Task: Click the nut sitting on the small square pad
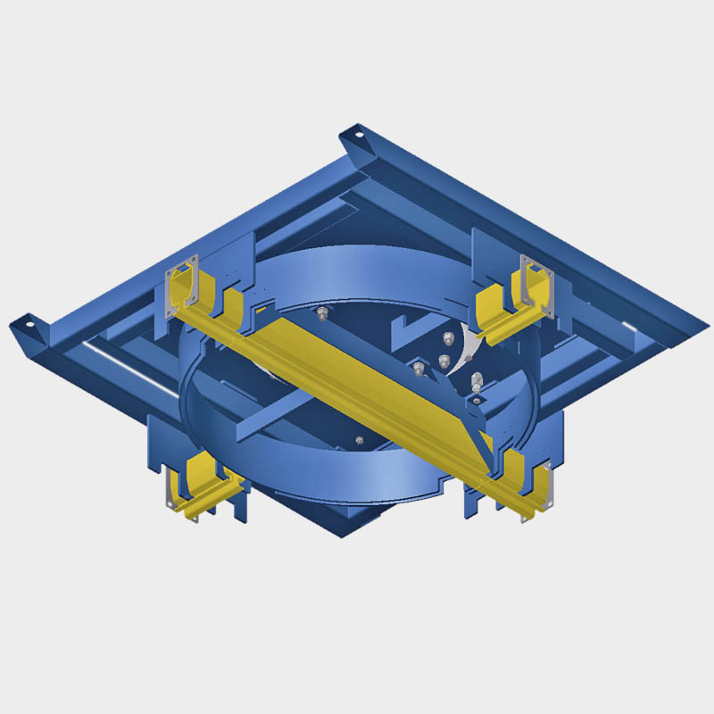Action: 418,367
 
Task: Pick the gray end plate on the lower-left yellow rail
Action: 170,489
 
